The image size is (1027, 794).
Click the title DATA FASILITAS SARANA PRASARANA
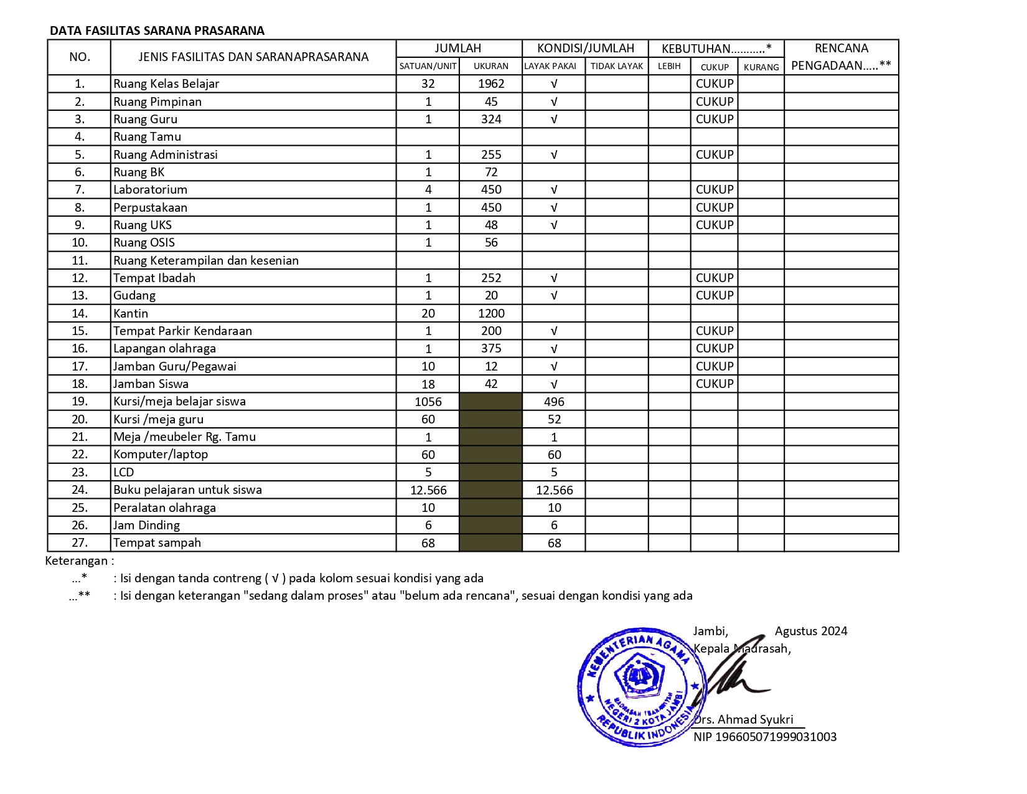pyautogui.click(x=157, y=31)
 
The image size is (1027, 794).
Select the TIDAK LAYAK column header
pyautogui.click(x=616, y=66)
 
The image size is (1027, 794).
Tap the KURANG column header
pyautogui.click(x=761, y=67)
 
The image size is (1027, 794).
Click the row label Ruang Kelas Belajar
pyautogui.click(x=166, y=83)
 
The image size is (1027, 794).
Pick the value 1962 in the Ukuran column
pyautogui.click(x=490, y=83)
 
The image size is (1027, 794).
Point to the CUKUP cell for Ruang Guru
pyautogui.click(x=714, y=119)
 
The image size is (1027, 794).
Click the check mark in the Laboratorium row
pyautogui.click(x=553, y=190)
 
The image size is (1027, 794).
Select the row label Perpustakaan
pyautogui.click(x=150, y=207)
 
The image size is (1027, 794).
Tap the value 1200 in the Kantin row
pyautogui.click(x=490, y=313)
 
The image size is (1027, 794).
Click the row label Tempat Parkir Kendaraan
pyautogui.click(x=182, y=331)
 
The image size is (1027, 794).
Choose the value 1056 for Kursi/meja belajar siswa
pyautogui.click(x=428, y=402)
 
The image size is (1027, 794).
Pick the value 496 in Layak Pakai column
pyautogui.click(x=553, y=402)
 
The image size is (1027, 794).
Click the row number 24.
pyautogui.click(x=80, y=490)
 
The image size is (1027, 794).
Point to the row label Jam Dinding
pyautogui.click(x=146, y=525)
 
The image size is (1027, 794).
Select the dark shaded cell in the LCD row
pyautogui.click(x=490, y=472)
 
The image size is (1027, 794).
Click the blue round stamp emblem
pyautogui.click(x=641, y=686)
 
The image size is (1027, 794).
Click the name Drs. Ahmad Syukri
pyautogui.click(x=744, y=719)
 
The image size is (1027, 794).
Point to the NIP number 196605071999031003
pyautogui.click(x=765, y=737)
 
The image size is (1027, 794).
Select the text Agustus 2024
pyautogui.click(x=810, y=631)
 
